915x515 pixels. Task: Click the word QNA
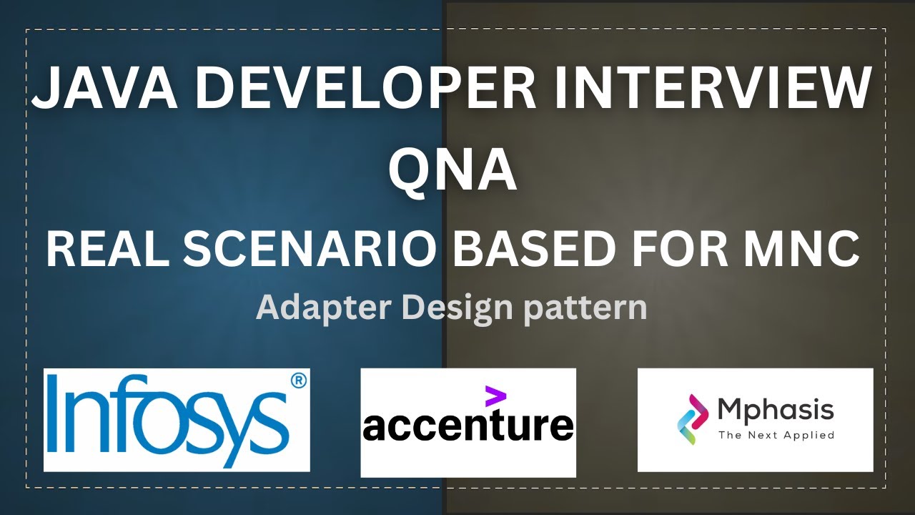(452, 171)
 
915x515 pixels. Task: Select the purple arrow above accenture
(495, 396)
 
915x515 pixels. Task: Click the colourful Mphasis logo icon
(692, 418)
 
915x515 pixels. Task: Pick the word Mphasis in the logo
(775, 410)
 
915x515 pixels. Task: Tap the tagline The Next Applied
(776, 435)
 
